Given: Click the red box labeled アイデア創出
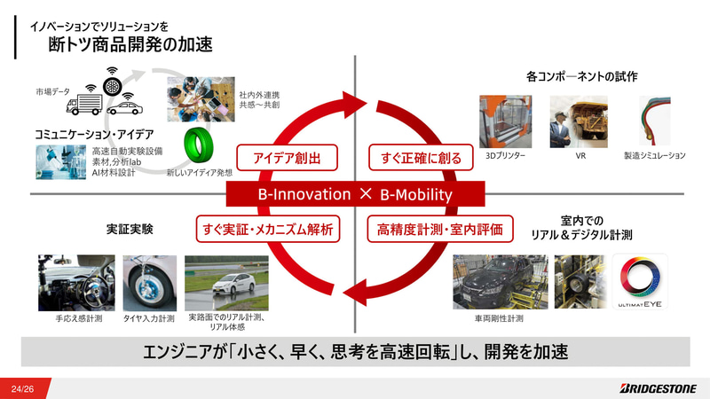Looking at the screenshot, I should tap(274, 159).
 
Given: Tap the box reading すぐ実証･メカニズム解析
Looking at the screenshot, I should tap(268, 230).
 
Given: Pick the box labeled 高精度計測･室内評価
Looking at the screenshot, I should tap(440, 230).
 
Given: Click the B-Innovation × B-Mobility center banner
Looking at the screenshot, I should tap(354, 194).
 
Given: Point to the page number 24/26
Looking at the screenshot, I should tap(23, 388).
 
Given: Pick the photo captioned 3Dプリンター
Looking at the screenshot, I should tap(505, 121).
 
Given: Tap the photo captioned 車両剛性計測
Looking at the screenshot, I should tap(500, 282).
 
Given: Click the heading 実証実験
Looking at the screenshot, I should tap(130, 230).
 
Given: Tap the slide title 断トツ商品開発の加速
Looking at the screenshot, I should tap(130, 43).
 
